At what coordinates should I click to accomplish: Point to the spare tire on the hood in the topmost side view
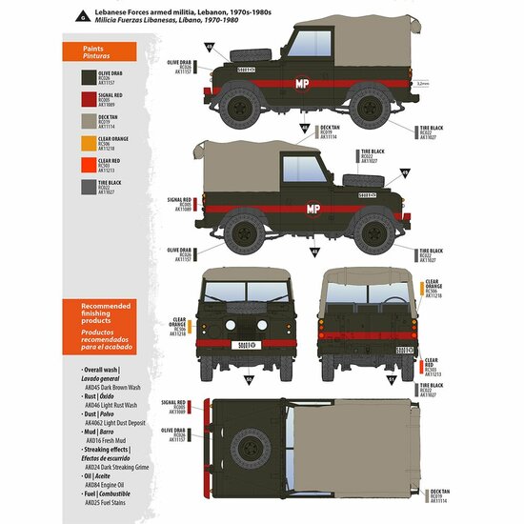coord(257,46)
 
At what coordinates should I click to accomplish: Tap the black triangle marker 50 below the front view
coord(251,379)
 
